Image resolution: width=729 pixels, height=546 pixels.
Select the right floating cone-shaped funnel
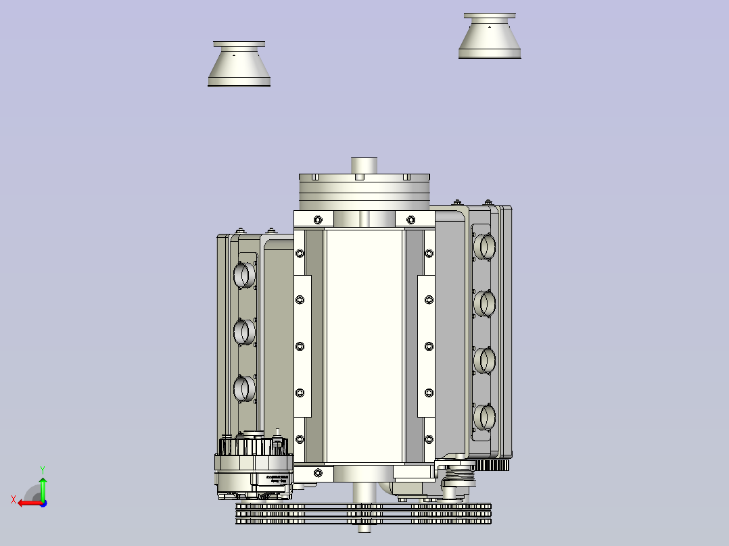490,36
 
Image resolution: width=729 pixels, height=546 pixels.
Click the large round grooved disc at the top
364,191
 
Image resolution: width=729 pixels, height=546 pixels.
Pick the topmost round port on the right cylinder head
484,246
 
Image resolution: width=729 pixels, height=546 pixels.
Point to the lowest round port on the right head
484,416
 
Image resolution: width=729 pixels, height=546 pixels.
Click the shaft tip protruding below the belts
364,529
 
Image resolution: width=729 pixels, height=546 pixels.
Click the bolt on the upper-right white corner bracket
410,219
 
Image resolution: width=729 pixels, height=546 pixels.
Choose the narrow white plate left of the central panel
302,346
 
